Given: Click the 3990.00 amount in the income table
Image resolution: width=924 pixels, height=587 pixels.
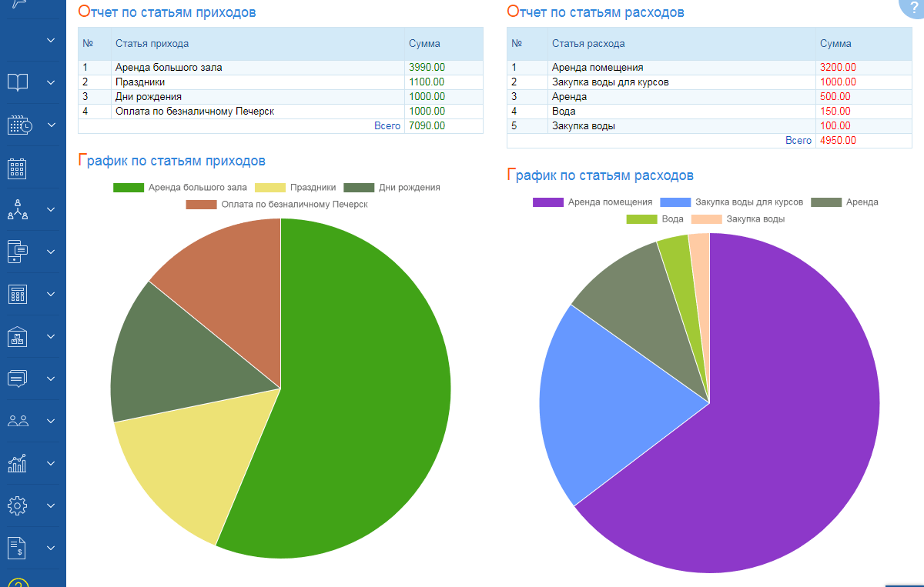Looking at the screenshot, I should point(427,68).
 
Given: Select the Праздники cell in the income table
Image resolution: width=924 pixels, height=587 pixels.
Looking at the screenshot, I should point(140,82).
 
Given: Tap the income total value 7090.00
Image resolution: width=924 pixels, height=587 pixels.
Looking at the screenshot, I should point(427,126).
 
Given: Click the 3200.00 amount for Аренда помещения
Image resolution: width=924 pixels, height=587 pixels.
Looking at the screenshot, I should point(838,68).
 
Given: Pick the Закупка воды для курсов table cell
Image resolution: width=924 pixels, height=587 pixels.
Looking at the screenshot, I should point(611,82).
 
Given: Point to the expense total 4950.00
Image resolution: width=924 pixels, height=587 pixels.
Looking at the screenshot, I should point(838,141).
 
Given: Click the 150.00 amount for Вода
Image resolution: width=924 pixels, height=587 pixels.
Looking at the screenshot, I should point(835,112).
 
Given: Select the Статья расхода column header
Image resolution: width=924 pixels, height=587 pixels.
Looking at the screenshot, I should point(588,44).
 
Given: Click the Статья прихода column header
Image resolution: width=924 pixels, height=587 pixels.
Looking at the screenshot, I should point(152,44).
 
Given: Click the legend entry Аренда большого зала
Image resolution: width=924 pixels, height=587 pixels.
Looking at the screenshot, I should point(180,187).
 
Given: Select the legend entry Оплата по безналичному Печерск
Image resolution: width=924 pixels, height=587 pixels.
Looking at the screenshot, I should point(277,205).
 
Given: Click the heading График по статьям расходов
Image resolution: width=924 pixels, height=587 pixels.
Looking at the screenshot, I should point(601,175).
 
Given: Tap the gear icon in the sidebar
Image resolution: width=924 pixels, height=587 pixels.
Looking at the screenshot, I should point(18,505).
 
